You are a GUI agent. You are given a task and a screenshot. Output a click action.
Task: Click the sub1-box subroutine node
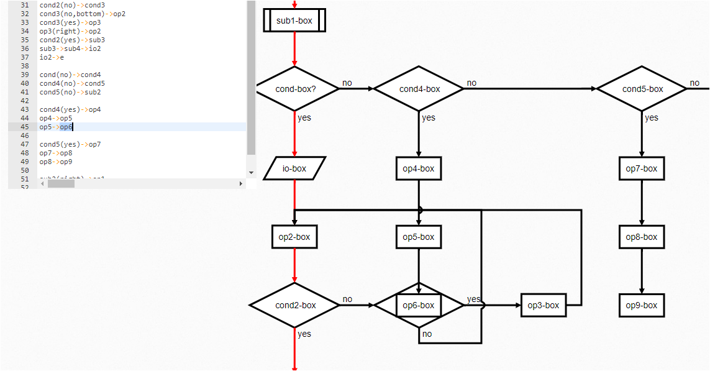point(294,21)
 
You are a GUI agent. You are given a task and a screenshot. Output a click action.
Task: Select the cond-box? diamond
point(296,89)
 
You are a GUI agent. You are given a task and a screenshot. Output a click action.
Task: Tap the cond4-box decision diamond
point(419,89)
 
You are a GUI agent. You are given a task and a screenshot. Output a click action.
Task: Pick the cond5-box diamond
point(642,89)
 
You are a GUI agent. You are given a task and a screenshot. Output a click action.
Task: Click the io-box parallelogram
point(294,168)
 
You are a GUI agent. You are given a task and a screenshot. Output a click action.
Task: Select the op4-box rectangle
point(419,168)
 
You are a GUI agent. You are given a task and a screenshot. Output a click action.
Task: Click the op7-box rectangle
point(642,168)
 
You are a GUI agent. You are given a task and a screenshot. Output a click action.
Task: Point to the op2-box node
point(294,237)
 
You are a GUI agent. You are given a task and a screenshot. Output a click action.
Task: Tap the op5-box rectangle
point(419,237)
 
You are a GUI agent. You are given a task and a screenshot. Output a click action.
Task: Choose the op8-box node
point(642,237)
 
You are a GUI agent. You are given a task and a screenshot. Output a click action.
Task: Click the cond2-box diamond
point(295,305)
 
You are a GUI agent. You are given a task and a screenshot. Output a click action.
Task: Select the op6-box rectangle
point(419,305)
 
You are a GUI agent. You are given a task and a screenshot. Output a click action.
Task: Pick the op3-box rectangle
point(544,305)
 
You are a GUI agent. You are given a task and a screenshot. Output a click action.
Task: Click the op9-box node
point(642,305)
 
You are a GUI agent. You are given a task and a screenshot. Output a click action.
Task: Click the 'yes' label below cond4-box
point(429,118)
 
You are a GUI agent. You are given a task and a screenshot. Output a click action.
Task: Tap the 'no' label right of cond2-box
point(347,299)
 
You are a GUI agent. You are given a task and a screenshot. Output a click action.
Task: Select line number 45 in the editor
point(24,127)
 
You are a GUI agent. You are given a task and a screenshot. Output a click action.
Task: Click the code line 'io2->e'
point(52,57)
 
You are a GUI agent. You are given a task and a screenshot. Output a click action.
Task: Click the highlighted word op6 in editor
point(66,127)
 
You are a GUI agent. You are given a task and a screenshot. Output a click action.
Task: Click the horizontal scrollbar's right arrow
point(241,184)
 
